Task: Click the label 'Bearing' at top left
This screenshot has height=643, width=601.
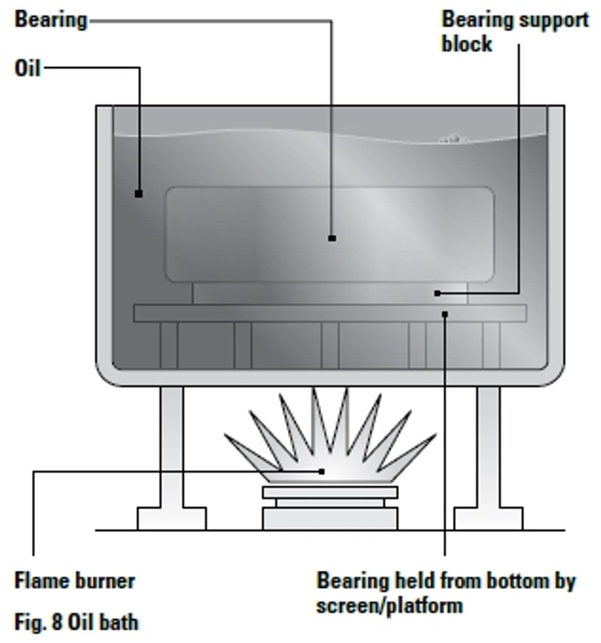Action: (x=51, y=20)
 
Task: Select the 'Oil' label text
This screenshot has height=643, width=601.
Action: (x=27, y=68)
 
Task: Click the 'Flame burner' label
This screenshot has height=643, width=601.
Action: (x=74, y=580)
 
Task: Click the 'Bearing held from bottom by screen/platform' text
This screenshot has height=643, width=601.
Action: (x=445, y=592)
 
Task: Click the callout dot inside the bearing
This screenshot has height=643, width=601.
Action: (x=332, y=238)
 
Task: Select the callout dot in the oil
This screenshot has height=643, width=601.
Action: (x=139, y=194)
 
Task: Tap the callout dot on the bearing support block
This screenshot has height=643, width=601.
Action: (x=437, y=293)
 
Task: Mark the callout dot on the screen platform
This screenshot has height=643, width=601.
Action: (x=445, y=314)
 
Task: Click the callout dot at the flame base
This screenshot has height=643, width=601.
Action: (x=321, y=471)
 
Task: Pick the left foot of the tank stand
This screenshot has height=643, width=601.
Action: (x=171, y=518)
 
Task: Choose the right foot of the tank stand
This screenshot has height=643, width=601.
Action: (x=489, y=518)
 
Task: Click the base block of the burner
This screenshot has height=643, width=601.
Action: (x=330, y=519)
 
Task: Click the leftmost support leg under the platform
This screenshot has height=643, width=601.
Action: (x=169, y=345)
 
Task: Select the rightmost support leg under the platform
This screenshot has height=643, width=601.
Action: (x=491, y=345)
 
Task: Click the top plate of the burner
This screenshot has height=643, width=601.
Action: (x=330, y=492)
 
